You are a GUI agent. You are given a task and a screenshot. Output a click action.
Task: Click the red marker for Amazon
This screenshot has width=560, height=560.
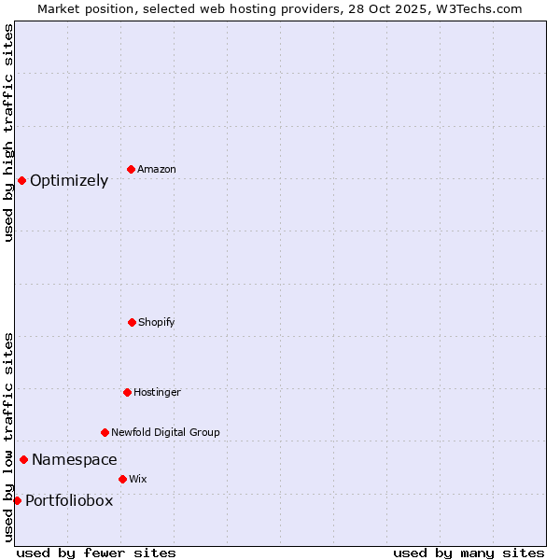pyautogui.click(x=131, y=169)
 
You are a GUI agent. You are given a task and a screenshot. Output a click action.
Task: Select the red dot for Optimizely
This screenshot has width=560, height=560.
pyautogui.click(x=21, y=180)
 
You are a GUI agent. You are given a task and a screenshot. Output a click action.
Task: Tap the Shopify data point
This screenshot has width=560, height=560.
pyautogui.click(x=132, y=322)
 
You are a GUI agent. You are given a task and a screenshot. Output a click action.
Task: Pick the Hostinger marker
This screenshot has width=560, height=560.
pyautogui.click(x=127, y=392)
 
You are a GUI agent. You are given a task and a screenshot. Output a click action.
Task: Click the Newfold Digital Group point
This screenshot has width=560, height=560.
pyautogui.click(x=105, y=432)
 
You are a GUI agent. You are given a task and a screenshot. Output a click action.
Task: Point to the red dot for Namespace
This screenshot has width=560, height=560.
pyautogui.click(x=23, y=459)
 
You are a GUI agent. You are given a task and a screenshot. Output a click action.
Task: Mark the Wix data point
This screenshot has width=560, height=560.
pyautogui.click(x=122, y=479)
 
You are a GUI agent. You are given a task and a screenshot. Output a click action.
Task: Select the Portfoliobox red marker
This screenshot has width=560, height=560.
pyautogui.click(x=17, y=500)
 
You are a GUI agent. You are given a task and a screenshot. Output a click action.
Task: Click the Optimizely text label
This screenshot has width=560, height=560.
pyautogui.click(x=69, y=181)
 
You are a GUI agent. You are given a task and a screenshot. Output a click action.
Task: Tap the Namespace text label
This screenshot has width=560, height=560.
pyautogui.click(x=75, y=459)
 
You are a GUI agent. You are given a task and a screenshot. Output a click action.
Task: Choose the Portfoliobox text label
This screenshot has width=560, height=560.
pyautogui.click(x=69, y=500)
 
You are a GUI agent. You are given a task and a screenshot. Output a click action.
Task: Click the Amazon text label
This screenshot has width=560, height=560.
pyautogui.click(x=157, y=169)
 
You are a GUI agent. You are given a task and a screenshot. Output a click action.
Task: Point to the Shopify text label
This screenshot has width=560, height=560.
pyautogui.click(x=157, y=322)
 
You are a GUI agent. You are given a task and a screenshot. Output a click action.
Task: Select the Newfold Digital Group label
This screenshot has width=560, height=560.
pyautogui.click(x=165, y=432)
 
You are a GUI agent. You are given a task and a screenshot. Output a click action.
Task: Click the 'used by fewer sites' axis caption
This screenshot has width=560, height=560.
pyautogui.click(x=96, y=553)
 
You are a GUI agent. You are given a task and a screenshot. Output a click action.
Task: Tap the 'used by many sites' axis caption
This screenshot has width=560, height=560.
pyautogui.click(x=469, y=553)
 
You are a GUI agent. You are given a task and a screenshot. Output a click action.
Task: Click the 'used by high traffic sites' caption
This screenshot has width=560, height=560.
pyautogui.click(x=8, y=133)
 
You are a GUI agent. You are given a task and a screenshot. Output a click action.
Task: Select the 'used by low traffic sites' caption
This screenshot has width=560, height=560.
pyautogui.click(x=8, y=436)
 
